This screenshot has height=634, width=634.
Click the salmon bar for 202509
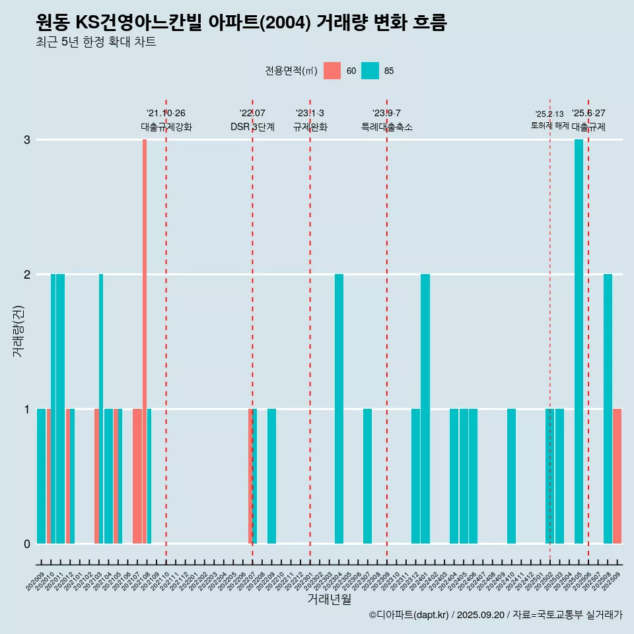[617, 475]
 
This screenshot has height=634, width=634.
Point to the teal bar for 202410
[512, 475]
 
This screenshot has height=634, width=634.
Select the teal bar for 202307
[367, 475]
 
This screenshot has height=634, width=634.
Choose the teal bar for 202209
[271, 475]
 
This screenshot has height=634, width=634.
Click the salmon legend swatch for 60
[332, 71]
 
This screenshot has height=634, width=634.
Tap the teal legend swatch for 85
[370, 71]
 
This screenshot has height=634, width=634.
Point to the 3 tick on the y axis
[27, 140]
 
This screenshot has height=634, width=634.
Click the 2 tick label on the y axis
[27, 274]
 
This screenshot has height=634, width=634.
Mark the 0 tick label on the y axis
[27, 544]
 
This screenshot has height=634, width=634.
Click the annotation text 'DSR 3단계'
[252, 127]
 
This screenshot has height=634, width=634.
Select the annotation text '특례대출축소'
[387, 127]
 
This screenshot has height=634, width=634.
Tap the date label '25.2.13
[549, 114]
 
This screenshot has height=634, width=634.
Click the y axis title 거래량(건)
[18, 330]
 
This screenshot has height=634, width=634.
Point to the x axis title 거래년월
[329, 599]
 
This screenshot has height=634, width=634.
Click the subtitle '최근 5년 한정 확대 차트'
[96, 42]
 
